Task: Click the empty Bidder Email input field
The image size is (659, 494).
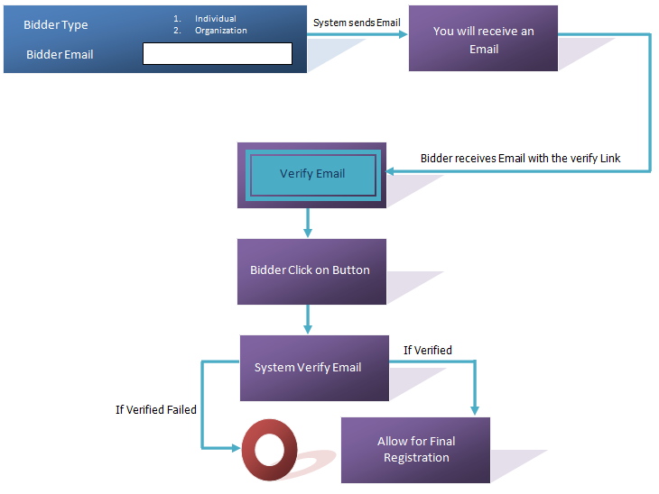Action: [218, 54]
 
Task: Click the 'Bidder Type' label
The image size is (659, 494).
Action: [56, 25]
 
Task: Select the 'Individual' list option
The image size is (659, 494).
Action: [216, 18]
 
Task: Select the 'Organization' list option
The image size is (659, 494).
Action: [220, 31]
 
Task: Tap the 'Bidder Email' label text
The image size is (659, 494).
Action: [60, 54]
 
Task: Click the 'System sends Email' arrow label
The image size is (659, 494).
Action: [357, 23]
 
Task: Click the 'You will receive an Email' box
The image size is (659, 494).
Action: [483, 40]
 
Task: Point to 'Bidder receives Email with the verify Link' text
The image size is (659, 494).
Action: [520, 159]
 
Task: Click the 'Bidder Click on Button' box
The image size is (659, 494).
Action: [311, 270]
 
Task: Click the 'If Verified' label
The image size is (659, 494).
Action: [427, 350]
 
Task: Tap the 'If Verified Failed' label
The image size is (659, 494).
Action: [156, 409]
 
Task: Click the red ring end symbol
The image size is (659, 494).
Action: [268, 448]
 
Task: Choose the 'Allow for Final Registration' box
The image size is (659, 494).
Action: [415, 449]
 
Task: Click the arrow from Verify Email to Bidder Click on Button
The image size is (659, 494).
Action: [308, 223]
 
